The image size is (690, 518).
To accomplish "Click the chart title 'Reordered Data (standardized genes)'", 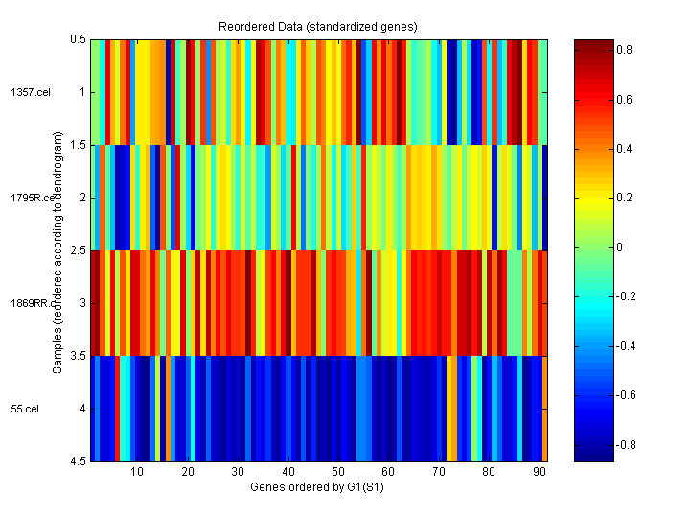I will [319, 24].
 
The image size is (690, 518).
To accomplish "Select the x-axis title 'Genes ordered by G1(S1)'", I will [319, 487].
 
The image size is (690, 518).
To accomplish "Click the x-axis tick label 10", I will [137, 472].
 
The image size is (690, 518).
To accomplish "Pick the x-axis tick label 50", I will [338, 472].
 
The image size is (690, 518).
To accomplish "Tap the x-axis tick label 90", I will [540, 472].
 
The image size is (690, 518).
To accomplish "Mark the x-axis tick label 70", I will [439, 472].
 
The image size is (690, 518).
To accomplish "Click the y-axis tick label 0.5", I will [79, 39].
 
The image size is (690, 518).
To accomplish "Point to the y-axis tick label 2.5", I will [79, 250].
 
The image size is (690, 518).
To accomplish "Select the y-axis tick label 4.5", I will [79, 461].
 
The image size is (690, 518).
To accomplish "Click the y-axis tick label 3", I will [82, 303].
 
